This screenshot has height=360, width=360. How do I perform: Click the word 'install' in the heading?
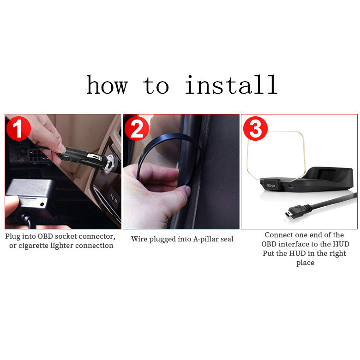(231, 84)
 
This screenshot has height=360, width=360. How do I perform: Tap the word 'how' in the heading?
(107, 84)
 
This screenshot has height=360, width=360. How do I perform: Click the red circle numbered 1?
(18, 128)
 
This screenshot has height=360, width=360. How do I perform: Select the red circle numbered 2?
(137, 128)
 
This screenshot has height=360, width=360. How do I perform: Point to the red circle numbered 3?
(255, 128)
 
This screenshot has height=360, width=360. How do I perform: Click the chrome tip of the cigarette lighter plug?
(110, 164)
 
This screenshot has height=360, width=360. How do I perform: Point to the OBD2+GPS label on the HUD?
(270, 185)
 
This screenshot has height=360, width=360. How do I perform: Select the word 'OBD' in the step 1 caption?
(45, 236)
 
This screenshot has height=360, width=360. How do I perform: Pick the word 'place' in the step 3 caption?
(305, 263)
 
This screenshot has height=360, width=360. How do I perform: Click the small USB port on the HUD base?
(291, 186)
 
